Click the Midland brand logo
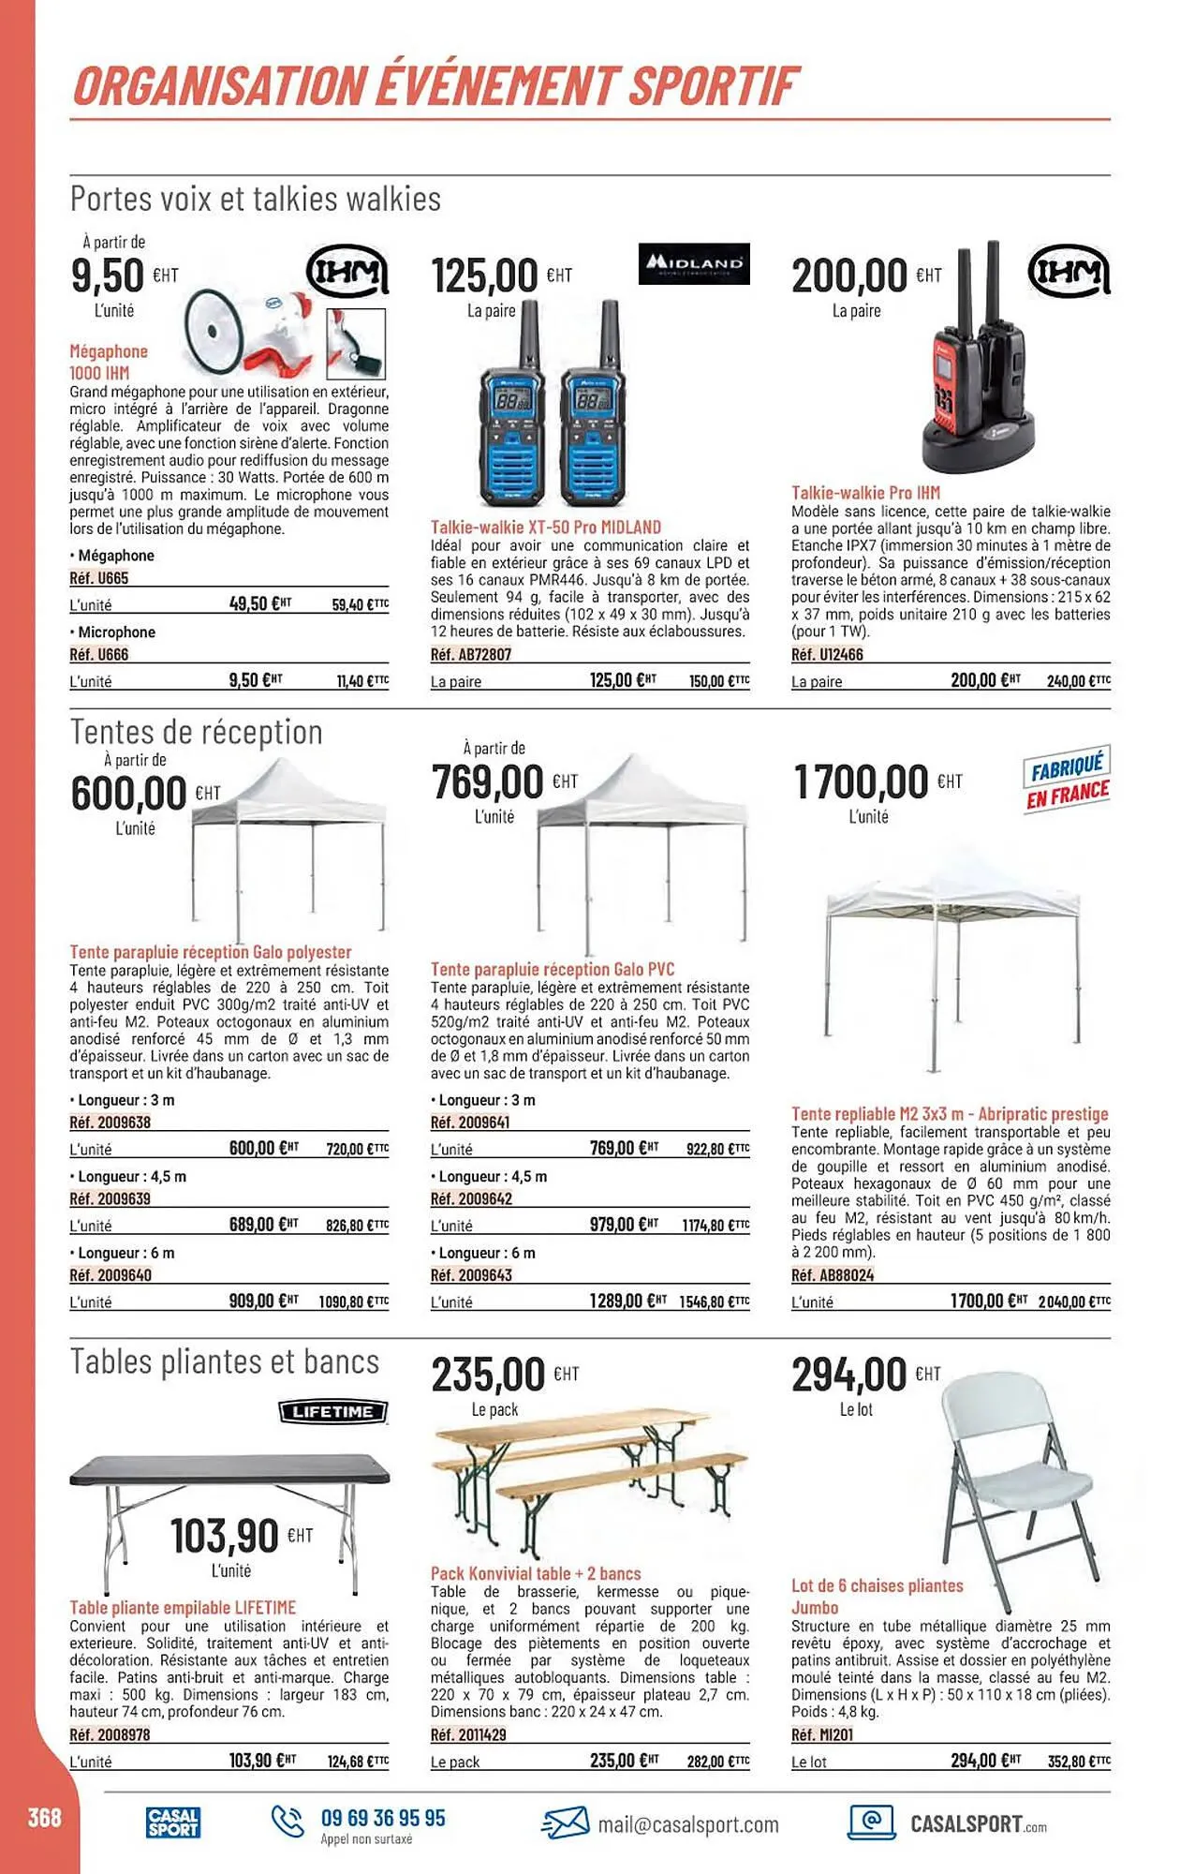coord(694,263)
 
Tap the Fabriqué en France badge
coord(1067,780)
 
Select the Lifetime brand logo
coord(333,1411)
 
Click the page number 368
coord(44,1819)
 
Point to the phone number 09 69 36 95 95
coord(383,1818)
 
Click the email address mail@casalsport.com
coord(687,1824)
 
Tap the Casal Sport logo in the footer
coord(173,1822)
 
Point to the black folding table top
coord(229,1472)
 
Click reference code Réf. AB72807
coord(471,655)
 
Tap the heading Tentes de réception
coord(197,732)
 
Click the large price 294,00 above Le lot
coord(849,1376)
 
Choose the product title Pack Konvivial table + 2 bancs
coord(536,1573)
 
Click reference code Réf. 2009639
coord(111,1198)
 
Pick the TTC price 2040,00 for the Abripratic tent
coord(1073,1302)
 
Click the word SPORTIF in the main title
coord(712,86)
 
